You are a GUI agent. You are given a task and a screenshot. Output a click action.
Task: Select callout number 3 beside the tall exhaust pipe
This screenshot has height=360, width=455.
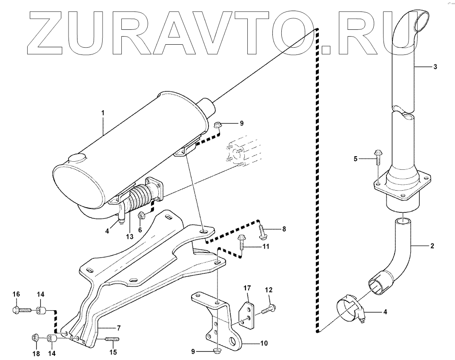[435, 67]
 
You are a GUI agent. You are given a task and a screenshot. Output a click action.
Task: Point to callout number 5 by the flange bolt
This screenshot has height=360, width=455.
[356, 159]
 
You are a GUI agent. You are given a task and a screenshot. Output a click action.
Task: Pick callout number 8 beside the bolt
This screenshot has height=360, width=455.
[284, 229]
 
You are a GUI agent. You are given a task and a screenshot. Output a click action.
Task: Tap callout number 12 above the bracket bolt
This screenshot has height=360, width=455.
[269, 290]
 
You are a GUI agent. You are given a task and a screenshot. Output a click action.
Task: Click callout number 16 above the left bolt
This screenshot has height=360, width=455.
[17, 294]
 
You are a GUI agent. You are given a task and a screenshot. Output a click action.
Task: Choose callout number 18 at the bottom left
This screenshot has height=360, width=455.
[36, 354]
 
